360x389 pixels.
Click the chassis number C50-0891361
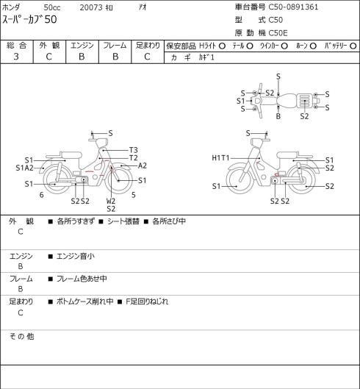[x=293, y=7]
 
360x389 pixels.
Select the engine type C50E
[x=278, y=33]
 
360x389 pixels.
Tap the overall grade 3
[x=16, y=57]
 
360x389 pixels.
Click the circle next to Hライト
[x=222, y=46]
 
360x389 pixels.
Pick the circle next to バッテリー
[x=353, y=46]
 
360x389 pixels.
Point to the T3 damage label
[x=133, y=150]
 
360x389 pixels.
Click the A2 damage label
[x=142, y=165]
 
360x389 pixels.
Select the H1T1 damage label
[x=220, y=158]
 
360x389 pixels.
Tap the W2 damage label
[x=111, y=201]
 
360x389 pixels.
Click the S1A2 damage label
[x=24, y=168]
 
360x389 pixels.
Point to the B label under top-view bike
[x=278, y=116]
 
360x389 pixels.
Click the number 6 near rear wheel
[x=41, y=195]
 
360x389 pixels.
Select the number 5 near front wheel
[x=134, y=195]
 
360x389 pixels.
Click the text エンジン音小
[x=76, y=256]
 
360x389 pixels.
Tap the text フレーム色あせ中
[x=82, y=279]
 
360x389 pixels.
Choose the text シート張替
[x=123, y=221]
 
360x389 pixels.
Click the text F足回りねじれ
[x=147, y=301]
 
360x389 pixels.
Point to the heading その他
[x=21, y=336]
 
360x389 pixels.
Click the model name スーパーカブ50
[x=29, y=20]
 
